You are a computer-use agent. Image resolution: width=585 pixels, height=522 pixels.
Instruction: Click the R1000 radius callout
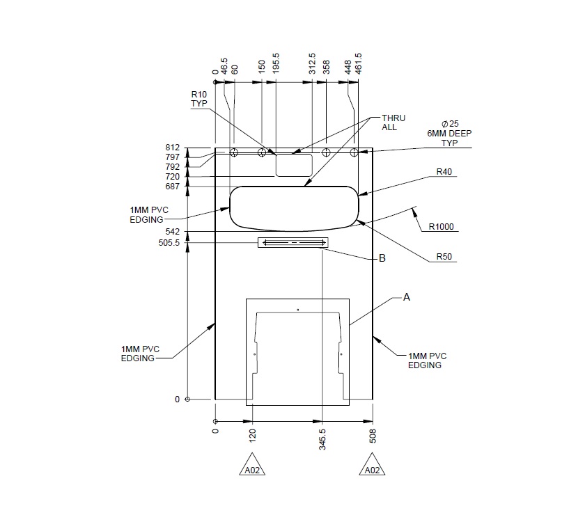coord(442,226)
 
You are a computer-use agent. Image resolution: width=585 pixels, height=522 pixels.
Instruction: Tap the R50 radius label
coord(444,257)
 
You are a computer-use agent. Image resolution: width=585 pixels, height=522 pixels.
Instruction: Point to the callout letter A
coord(407,296)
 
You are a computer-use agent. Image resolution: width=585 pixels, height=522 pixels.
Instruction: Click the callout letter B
coord(382,258)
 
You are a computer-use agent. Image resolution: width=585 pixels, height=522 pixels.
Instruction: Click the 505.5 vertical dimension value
coord(169,243)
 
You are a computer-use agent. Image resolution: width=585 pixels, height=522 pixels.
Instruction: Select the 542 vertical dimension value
coord(173,231)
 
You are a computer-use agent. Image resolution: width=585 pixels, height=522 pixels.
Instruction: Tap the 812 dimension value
coord(173,148)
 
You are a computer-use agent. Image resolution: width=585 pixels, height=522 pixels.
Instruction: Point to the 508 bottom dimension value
coord(373,436)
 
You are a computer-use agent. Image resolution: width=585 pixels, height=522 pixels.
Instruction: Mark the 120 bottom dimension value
coord(252,436)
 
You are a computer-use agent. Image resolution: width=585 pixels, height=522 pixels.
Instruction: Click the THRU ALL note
coord(393,122)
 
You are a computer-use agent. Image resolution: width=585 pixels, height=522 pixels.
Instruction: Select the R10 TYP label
coord(199,98)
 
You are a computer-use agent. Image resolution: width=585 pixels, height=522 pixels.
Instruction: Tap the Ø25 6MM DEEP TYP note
coord(444,132)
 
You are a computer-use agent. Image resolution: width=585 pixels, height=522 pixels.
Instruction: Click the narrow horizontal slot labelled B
coord(292,242)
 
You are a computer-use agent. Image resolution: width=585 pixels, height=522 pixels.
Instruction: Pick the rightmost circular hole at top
coord(354,152)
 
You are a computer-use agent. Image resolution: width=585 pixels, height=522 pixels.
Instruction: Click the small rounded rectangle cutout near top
coord(295,165)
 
